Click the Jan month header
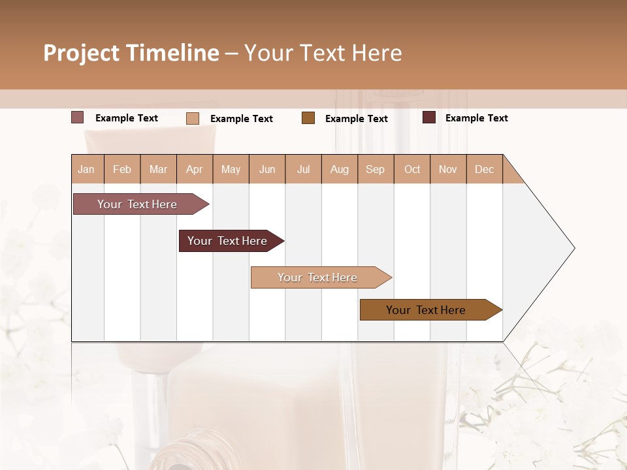pyautogui.click(x=87, y=169)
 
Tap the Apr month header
pyautogui.click(x=195, y=169)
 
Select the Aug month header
pyautogui.click(x=340, y=169)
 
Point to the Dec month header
pyautogui.click(x=485, y=169)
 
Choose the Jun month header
pyautogui.click(x=267, y=169)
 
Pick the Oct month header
pyautogui.click(x=412, y=169)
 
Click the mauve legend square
pyautogui.click(x=78, y=117)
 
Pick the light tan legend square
pyautogui.click(x=193, y=118)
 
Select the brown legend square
pyautogui.click(x=308, y=118)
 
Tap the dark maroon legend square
pyautogui.click(x=429, y=117)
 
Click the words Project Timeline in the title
pyautogui.click(x=131, y=53)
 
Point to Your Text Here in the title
pyautogui.click(x=323, y=53)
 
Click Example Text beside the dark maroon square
pyautogui.click(x=477, y=118)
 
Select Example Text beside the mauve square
pyautogui.click(x=127, y=118)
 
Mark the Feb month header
pyautogui.click(x=122, y=169)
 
